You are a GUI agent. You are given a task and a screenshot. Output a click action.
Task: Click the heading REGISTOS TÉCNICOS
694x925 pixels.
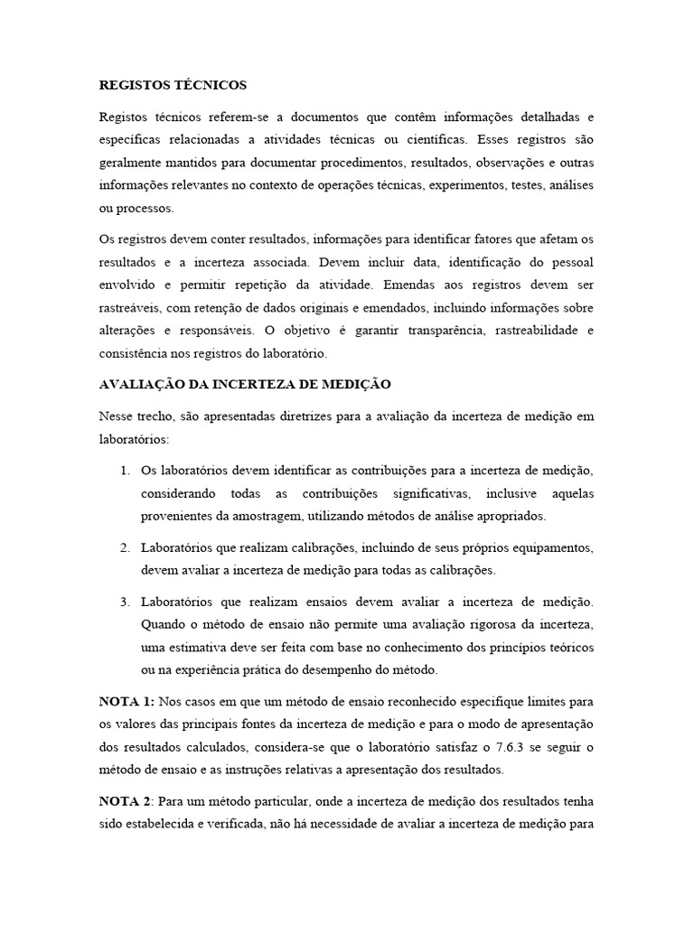[172, 85]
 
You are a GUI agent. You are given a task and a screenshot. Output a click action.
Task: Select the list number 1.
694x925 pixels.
[124, 471]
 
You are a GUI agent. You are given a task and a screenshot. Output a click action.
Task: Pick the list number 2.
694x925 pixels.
[124, 548]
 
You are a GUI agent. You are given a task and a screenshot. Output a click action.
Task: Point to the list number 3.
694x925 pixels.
[124, 601]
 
